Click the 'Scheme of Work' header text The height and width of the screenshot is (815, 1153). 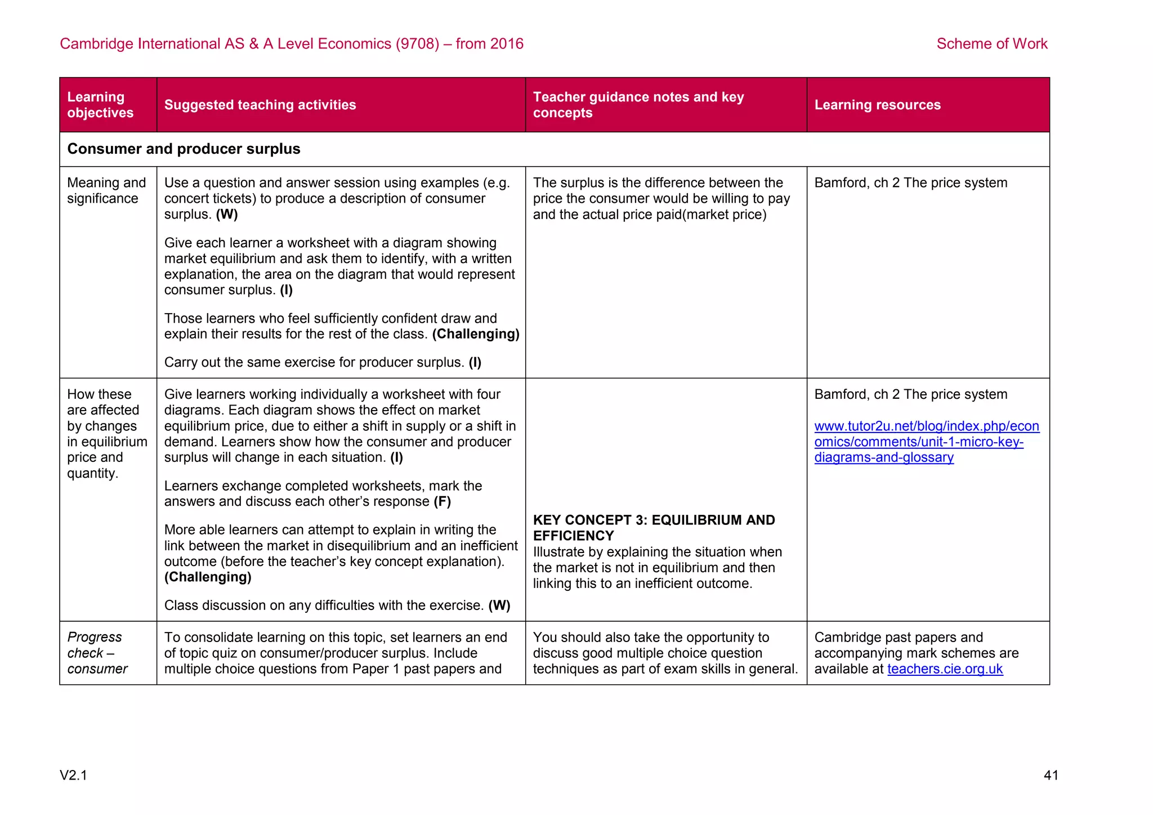(x=991, y=44)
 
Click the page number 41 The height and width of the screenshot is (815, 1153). (x=1051, y=775)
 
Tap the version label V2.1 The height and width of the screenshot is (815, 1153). (x=74, y=775)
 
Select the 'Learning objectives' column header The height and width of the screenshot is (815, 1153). (x=101, y=105)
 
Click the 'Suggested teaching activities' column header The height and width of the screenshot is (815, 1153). (x=260, y=105)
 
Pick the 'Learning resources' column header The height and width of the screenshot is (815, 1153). (x=877, y=105)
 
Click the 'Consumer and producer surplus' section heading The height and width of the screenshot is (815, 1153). (x=184, y=149)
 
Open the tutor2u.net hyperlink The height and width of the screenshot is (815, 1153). (x=926, y=442)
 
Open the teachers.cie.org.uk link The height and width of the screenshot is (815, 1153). (x=945, y=669)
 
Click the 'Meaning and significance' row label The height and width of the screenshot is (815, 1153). (x=106, y=190)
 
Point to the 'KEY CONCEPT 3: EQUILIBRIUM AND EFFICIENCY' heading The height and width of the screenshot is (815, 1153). (x=654, y=528)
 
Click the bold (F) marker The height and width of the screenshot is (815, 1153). (x=442, y=501)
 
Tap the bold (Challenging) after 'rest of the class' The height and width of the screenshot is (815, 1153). (x=476, y=334)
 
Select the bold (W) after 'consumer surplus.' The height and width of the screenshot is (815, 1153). (x=227, y=214)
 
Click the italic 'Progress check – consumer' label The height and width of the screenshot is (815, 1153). (x=97, y=653)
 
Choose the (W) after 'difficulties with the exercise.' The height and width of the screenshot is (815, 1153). (x=499, y=605)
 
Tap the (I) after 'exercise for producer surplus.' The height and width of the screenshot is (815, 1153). (x=475, y=362)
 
